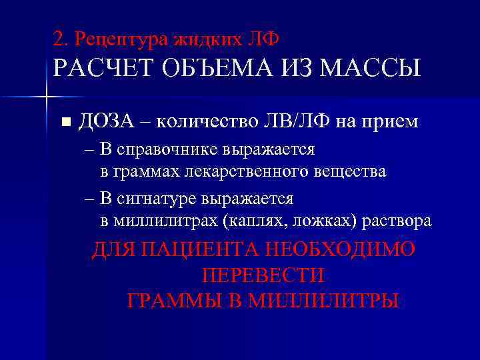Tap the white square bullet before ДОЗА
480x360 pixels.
65,122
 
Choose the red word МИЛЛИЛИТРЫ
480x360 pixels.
323,301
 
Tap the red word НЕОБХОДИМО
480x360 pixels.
341,250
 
